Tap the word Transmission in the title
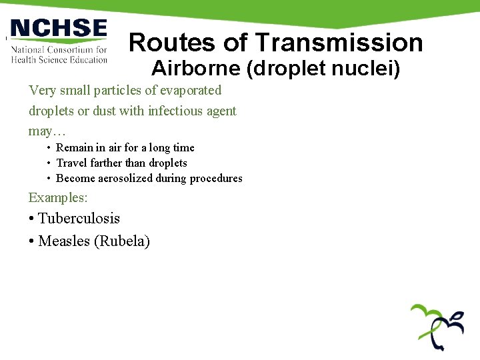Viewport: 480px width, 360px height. click(x=339, y=43)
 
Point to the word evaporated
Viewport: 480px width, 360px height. click(x=189, y=90)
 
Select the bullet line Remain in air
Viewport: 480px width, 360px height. click(x=125, y=147)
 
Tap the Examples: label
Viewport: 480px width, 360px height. click(x=58, y=197)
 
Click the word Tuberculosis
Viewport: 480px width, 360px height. click(x=79, y=218)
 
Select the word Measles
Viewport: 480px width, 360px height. click(x=65, y=241)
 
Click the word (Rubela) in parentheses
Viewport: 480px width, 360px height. click(x=122, y=241)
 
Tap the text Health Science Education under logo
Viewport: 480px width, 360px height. click(x=59, y=59)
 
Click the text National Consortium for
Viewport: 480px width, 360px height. click(x=59, y=49)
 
